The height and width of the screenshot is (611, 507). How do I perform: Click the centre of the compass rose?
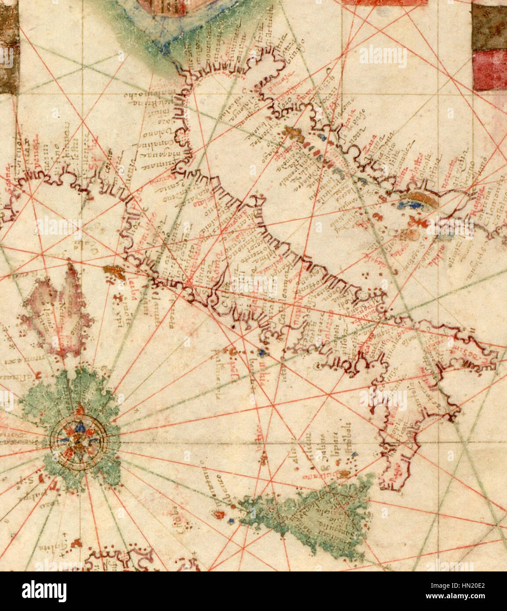(78, 438)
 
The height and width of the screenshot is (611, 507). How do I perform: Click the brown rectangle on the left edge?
(9, 48)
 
